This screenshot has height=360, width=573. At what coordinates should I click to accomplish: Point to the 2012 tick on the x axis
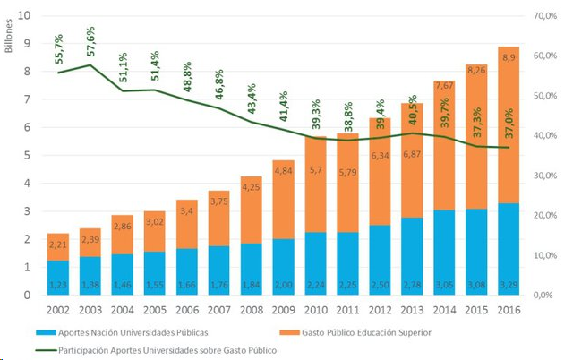[379, 310]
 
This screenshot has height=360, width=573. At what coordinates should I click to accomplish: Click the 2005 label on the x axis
[154, 310]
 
